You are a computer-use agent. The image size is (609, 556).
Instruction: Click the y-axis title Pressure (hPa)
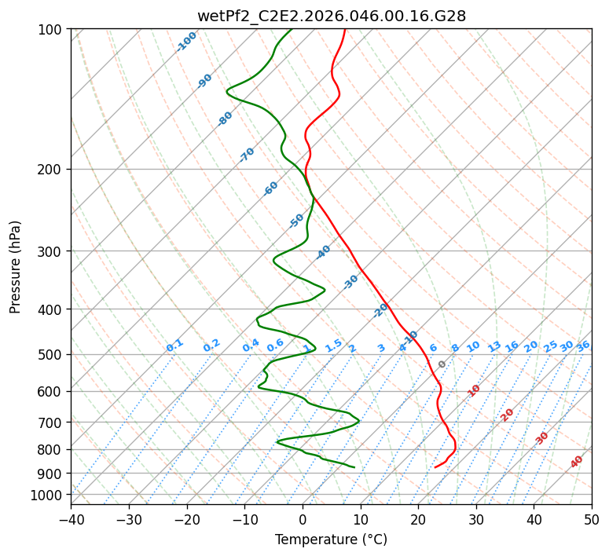click(16, 267)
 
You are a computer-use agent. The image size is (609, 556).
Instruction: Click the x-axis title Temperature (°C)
click(331, 540)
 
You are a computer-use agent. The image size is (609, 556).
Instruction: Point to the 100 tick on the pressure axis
click(51, 30)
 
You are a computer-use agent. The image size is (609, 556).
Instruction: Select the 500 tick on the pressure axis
click(51, 354)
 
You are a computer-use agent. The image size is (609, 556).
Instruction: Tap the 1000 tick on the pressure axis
click(48, 495)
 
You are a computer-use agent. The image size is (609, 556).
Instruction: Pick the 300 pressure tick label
click(51, 251)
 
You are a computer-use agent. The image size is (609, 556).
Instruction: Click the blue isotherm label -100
click(186, 42)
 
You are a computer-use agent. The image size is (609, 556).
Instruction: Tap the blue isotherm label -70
click(247, 155)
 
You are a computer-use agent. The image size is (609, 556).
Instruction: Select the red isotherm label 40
click(577, 462)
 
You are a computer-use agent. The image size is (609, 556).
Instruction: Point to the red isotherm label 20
click(507, 414)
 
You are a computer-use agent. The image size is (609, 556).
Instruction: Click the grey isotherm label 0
click(442, 364)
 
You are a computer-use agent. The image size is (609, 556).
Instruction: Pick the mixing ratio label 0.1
click(174, 345)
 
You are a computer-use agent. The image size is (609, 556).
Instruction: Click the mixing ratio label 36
click(583, 346)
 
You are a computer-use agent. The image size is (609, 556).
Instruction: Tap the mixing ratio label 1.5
click(333, 345)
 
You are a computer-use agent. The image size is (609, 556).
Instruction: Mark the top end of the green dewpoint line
click(291, 29)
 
